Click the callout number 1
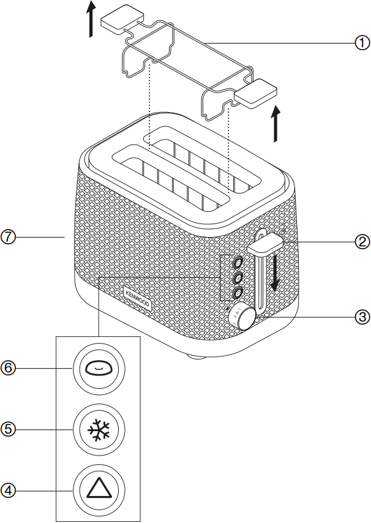[362, 43]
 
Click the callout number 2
[362, 241]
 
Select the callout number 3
[362, 317]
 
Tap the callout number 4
[8, 489]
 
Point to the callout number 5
[8, 429]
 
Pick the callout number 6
[8, 368]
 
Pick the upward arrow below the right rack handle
[277, 124]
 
